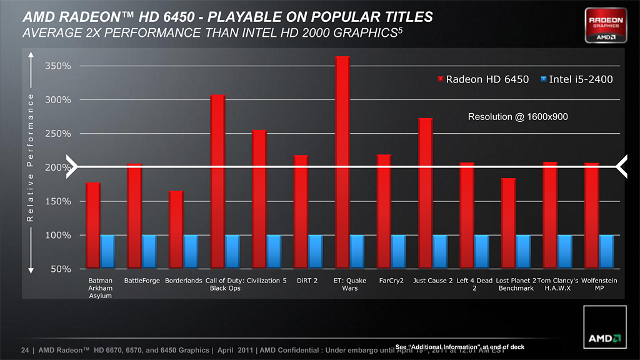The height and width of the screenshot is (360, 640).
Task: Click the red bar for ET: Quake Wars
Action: (342, 162)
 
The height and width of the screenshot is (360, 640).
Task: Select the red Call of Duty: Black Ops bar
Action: (217, 181)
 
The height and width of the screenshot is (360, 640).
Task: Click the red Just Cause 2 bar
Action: (426, 193)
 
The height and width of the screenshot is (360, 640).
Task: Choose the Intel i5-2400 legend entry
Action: (576, 79)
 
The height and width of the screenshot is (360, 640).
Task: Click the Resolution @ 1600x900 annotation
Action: (517, 117)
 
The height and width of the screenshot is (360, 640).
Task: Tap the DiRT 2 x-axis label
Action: (307, 281)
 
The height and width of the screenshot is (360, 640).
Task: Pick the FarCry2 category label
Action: (391, 281)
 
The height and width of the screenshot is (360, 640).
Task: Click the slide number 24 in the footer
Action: (26, 350)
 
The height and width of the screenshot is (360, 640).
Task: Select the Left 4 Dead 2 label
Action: (474, 284)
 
